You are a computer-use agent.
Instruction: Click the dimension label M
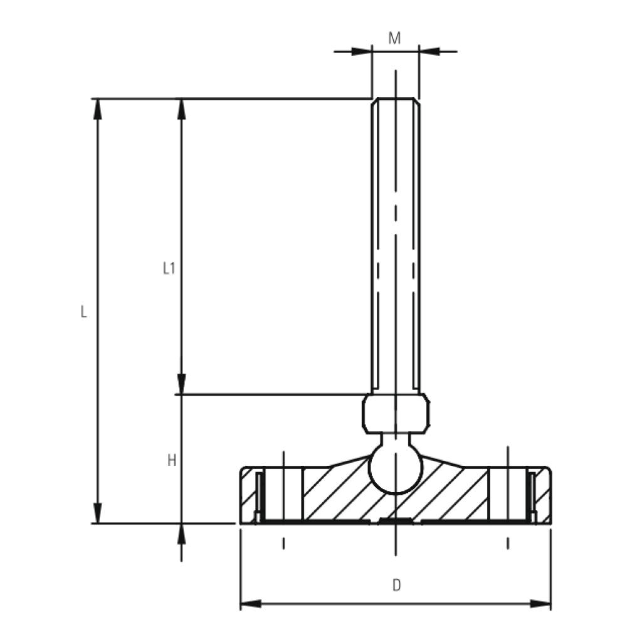pyautogui.click(x=394, y=38)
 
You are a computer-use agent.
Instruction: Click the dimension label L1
pyautogui.click(x=168, y=269)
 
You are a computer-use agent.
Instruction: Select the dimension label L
pyautogui.click(x=84, y=312)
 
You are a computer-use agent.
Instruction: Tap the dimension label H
pyautogui.click(x=171, y=461)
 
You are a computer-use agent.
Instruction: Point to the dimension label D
pyautogui.click(x=396, y=586)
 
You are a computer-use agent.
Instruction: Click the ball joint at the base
pyautogui.click(x=395, y=469)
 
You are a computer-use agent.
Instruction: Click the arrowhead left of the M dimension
pyautogui.click(x=360, y=51)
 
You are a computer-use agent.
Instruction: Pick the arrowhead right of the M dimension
pyautogui.click(x=429, y=51)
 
